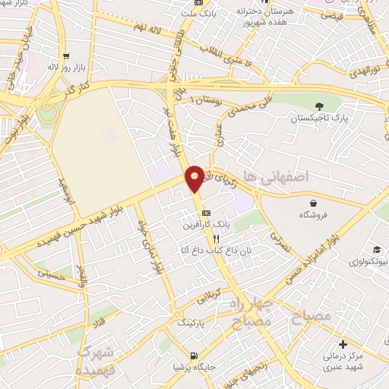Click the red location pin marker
coord(195,178)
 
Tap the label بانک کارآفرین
coord(205,225)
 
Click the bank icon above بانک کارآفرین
coord(206,213)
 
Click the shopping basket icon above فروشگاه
coord(313,203)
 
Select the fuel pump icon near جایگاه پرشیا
coord(195,355)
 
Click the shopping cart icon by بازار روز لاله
coord(66,56)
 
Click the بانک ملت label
coord(204,13)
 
